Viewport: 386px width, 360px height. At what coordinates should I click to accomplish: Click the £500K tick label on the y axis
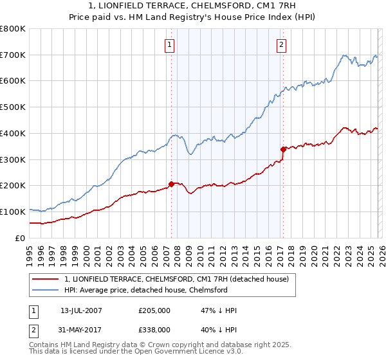[x=13, y=107]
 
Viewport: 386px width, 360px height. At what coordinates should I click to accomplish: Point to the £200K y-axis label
[x=13, y=186]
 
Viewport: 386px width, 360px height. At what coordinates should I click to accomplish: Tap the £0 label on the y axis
[x=19, y=238]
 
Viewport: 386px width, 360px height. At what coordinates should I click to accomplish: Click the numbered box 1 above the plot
[x=169, y=45]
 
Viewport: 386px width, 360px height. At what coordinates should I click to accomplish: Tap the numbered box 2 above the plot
[x=282, y=45]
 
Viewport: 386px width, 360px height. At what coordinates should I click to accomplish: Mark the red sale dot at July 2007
[x=171, y=184]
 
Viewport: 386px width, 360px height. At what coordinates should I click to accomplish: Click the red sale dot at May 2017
[x=283, y=149]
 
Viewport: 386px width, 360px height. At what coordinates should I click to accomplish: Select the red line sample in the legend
[x=46, y=279]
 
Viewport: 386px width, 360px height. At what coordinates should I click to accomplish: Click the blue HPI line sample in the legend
[x=46, y=290]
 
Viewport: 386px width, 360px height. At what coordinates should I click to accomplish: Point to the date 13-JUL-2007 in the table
[x=80, y=310]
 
